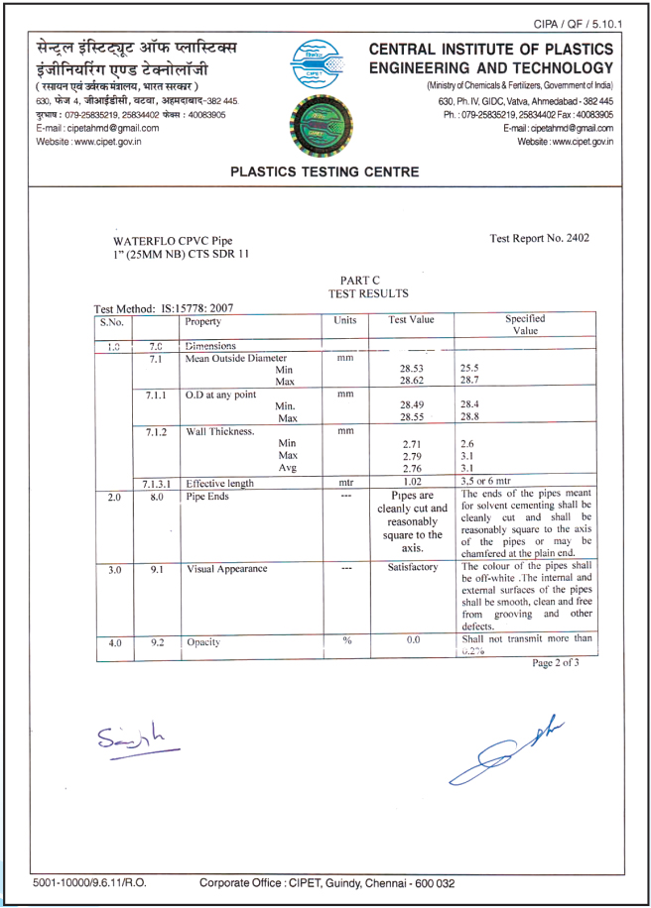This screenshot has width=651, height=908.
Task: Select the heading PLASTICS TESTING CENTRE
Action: [325, 171]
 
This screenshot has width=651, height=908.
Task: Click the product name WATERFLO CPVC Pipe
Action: [173, 241]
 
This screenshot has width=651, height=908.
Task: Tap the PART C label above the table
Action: [354, 282]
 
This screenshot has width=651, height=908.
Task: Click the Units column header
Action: [345, 321]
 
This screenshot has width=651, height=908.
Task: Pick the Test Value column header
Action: [412, 321]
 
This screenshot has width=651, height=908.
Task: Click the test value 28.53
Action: [412, 368]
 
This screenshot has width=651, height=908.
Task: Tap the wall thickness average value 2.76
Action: [412, 468]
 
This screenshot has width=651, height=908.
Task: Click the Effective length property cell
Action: [220, 484]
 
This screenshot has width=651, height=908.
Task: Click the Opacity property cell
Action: [203, 642]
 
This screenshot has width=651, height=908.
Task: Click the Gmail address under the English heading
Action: [558, 128]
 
